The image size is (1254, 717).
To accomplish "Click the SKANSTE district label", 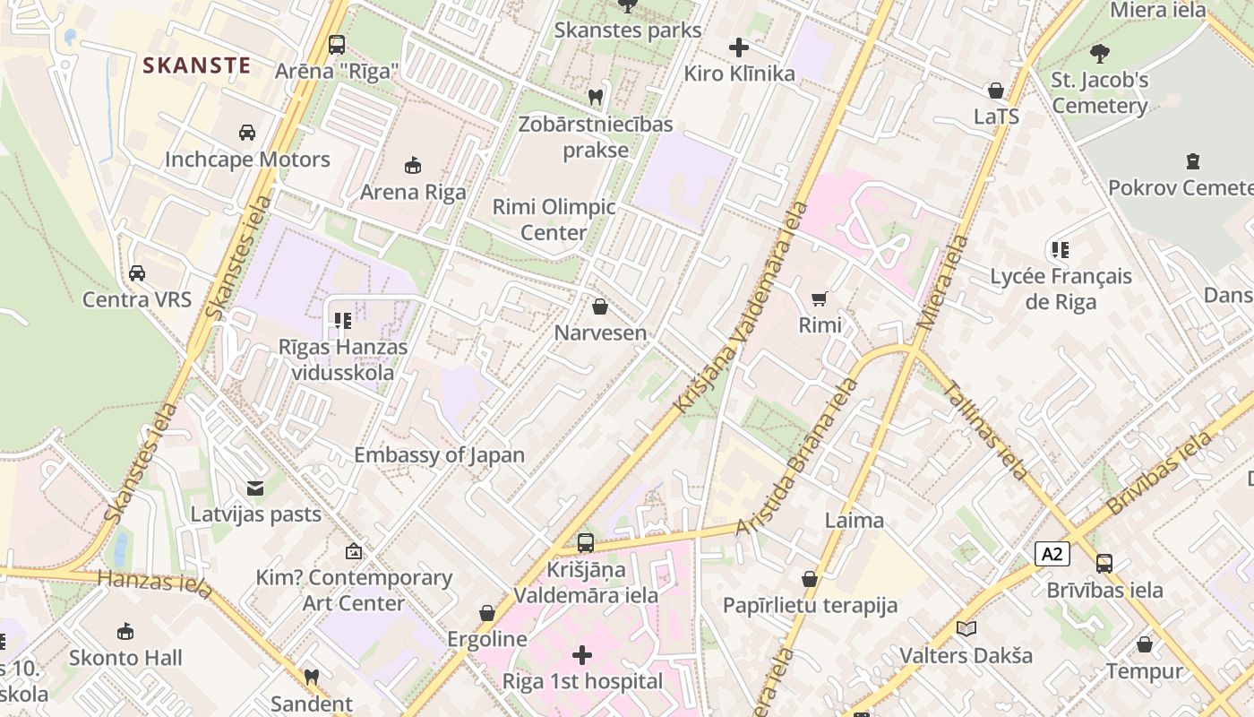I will point(196,65).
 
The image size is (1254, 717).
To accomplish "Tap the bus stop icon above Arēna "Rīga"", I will point(337,44).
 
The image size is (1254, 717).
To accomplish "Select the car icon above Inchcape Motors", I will point(247,133).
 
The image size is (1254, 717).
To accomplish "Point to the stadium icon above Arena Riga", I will point(413,165).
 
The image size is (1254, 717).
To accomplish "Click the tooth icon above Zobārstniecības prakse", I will point(595,97).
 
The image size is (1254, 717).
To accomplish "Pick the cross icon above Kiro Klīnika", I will point(739,47).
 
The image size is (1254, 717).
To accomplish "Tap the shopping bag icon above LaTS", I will point(995,91).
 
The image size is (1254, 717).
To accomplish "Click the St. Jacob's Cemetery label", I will point(1099,93).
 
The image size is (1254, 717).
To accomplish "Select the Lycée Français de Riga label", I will point(1061,289).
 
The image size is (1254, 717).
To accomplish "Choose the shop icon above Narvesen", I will point(600,307).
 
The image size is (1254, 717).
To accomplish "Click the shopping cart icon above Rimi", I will point(820,298).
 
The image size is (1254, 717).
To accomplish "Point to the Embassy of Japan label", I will point(439,454).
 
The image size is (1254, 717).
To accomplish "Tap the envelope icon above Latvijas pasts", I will point(255,488).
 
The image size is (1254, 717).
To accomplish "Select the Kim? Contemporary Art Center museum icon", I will point(354,551).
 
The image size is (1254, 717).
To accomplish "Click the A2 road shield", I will point(1052,554).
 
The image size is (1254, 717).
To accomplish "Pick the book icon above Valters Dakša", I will point(966,628).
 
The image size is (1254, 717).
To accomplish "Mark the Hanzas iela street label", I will point(155,583).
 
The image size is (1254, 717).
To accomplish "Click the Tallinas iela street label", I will point(985,429).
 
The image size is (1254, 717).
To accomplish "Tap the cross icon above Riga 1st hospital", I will point(582,655).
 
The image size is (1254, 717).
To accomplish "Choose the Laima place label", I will point(854,520).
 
